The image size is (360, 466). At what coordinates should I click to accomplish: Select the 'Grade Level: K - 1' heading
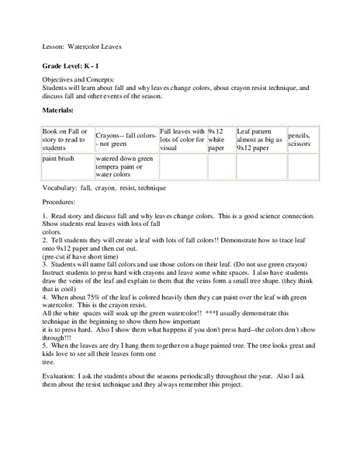(x=75, y=67)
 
